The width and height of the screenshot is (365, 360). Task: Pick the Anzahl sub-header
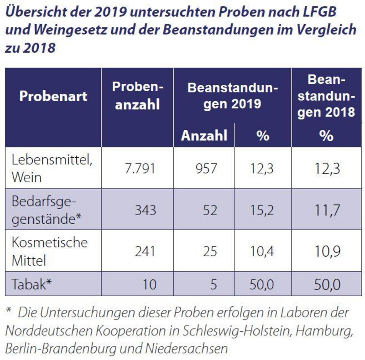click(x=204, y=135)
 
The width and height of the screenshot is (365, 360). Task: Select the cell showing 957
click(x=206, y=169)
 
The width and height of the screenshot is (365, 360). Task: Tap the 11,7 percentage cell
click(x=327, y=210)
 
